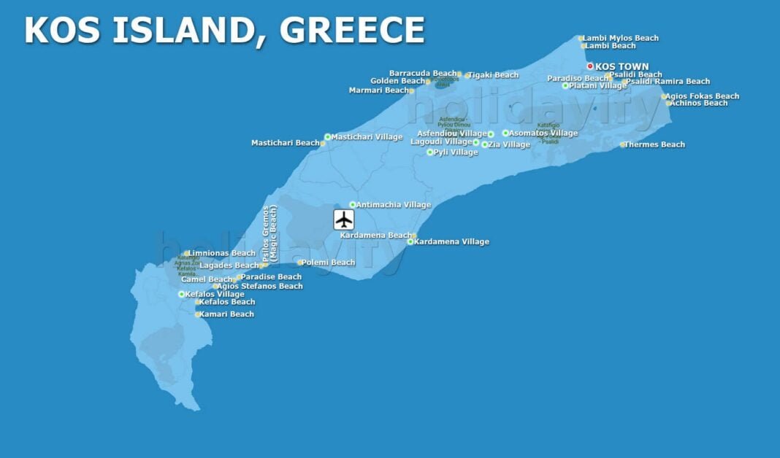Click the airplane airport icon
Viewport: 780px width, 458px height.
click(344, 220)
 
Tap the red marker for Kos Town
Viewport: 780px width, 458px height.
click(591, 66)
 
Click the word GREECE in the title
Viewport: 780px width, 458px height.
click(352, 31)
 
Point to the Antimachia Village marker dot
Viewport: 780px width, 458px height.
click(353, 205)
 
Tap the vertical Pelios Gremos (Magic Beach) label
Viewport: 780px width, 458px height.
click(270, 234)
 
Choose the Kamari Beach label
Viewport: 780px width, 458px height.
click(228, 314)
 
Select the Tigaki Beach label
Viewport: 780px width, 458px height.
click(494, 75)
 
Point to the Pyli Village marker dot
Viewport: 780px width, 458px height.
click(430, 152)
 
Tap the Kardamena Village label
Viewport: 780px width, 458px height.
click(451, 241)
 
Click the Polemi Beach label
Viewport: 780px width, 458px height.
click(329, 263)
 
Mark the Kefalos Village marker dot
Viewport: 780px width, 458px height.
click(182, 295)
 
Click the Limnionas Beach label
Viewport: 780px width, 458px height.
click(223, 254)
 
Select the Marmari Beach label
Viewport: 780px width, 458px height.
click(379, 90)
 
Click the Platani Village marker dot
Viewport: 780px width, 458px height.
click(565, 85)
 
